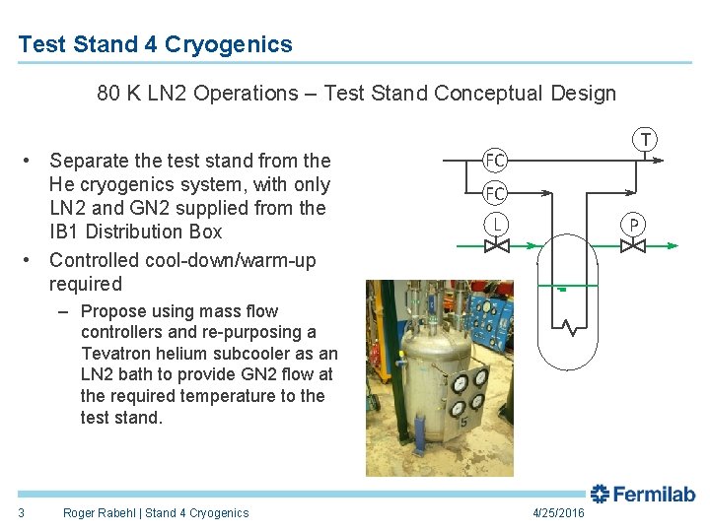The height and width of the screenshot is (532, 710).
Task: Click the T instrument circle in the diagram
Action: [646, 139]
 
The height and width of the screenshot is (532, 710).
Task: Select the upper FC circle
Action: [495, 160]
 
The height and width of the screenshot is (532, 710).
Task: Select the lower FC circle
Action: [495, 193]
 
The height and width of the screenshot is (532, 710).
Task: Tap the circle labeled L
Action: [496, 225]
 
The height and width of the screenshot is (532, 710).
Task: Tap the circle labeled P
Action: [633, 225]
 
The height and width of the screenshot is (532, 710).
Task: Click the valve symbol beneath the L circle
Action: [496, 245]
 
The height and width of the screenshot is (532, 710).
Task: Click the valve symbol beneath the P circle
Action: [633, 245]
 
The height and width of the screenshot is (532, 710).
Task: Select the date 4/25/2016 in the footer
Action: [557, 513]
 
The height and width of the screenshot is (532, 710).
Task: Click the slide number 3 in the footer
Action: [21, 512]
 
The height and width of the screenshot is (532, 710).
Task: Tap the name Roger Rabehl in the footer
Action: [100, 512]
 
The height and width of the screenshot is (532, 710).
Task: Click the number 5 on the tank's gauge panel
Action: [461, 422]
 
